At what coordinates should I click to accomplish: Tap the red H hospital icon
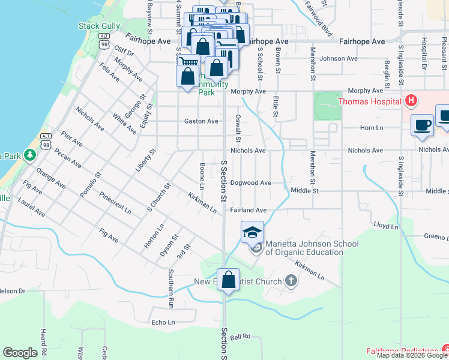[x=411, y=101]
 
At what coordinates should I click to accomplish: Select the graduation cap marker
[x=252, y=232]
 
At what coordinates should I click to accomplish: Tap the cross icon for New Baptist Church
[x=291, y=281]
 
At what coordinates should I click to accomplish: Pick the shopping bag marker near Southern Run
[x=228, y=280]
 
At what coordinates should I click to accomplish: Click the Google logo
[x=20, y=353]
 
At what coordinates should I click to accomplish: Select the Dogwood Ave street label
[x=251, y=182]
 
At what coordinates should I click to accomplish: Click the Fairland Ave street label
[x=248, y=211]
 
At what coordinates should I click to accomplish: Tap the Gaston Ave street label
[x=201, y=121]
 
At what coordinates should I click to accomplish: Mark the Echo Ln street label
[x=163, y=322]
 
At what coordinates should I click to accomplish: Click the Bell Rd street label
[x=240, y=337]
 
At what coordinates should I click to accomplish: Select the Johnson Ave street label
[x=339, y=59]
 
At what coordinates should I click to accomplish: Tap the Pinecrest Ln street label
[x=115, y=203]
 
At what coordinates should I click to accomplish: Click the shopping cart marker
[x=188, y=62]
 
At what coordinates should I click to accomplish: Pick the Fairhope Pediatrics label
[x=402, y=350]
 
